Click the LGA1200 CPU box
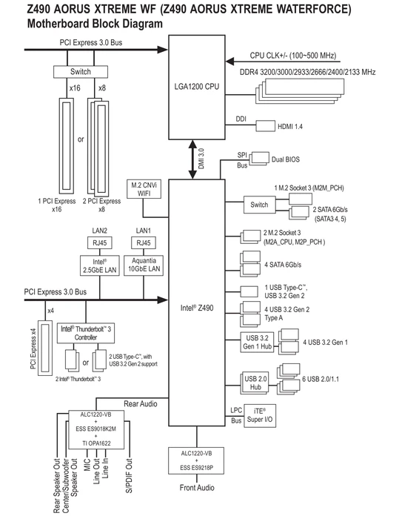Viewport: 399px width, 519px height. [197, 87]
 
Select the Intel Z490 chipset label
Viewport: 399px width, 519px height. [197, 308]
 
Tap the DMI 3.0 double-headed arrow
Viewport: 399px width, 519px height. [192, 159]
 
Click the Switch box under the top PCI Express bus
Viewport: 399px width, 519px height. [81, 72]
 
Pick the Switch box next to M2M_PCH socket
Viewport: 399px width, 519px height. [259, 205]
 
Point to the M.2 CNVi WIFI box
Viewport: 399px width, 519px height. [144, 189]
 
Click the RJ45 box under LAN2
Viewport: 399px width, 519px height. [99, 243]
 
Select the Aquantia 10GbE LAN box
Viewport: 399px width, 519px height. [144, 265]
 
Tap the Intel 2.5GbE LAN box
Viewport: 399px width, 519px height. [99, 265]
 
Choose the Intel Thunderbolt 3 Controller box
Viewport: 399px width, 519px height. [86, 333]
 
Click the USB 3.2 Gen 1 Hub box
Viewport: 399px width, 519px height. [257, 343]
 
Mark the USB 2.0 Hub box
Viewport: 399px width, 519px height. [255, 383]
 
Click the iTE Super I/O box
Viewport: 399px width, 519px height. [260, 415]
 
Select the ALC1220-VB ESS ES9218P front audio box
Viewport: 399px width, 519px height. [197, 460]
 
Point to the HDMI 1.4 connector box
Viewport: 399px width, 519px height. [266, 126]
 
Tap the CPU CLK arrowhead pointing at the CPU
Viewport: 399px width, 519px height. [230, 62]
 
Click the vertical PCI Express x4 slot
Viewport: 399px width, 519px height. [45, 348]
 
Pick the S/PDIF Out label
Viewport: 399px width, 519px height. [129, 476]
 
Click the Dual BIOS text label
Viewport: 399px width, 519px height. [286, 159]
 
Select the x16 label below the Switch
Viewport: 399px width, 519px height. [75, 88]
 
